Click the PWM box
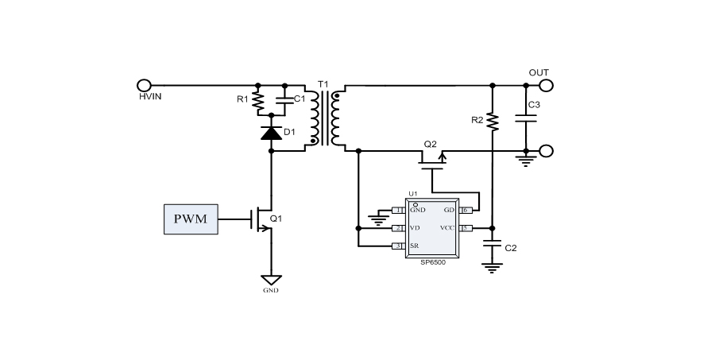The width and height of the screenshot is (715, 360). [x=191, y=219]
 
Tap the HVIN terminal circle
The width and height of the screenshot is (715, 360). [x=145, y=85]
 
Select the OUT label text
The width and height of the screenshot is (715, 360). [x=539, y=72]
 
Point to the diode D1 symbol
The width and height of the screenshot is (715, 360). [x=272, y=133]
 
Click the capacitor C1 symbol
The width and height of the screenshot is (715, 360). [x=284, y=99]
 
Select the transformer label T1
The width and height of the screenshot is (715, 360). [x=323, y=83]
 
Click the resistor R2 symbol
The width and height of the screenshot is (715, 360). [x=493, y=120]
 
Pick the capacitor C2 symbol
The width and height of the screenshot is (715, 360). [x=493, y=247]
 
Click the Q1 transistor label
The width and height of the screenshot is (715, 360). [x=276, y=219]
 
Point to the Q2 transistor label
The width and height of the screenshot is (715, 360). [x=430, y=144]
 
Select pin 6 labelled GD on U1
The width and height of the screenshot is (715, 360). [x=466, y=211]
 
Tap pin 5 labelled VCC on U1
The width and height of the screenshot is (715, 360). [x=466, y=228]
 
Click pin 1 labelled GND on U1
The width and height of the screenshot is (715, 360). [x=399, y=211]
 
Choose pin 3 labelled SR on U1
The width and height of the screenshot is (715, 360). [x=399, y=246]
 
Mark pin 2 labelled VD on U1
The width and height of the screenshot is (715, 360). [x=399, y=228]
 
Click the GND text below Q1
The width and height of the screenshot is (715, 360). [x=271, y=291]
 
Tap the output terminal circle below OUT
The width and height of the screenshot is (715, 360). [x=546, y=151]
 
